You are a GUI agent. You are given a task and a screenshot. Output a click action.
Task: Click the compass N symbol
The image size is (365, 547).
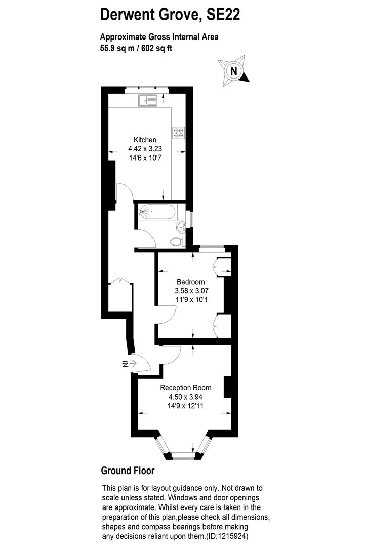[233, 71]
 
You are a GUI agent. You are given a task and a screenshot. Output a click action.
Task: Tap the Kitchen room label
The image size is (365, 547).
[145, 140]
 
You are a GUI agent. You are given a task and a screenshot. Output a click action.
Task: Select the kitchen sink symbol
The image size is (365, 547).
[147, 101]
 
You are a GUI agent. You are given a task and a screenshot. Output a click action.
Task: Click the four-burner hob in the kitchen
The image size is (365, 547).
[179, 132]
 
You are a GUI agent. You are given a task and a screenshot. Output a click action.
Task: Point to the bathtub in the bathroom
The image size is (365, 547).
[156, 211]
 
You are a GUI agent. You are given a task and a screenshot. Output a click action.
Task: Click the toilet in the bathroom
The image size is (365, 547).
[177, 241]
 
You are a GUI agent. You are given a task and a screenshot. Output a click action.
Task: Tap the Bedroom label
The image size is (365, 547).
[190, 282]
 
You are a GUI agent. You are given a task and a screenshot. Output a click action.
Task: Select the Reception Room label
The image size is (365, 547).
[185, 388]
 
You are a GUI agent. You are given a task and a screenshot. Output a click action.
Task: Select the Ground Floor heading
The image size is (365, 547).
[128, 471]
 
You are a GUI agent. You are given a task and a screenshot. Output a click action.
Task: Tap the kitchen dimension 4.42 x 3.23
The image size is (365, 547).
[145, 149]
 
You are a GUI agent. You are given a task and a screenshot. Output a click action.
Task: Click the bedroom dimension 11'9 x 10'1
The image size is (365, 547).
[191, 300]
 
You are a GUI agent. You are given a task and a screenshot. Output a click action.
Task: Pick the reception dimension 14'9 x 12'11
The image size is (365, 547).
[185, 406]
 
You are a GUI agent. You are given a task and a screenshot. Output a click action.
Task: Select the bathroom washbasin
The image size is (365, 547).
[181, 226]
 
